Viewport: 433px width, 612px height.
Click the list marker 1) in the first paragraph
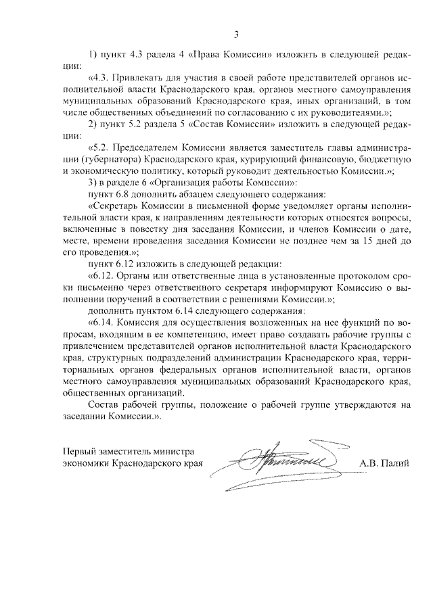[94, 55]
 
